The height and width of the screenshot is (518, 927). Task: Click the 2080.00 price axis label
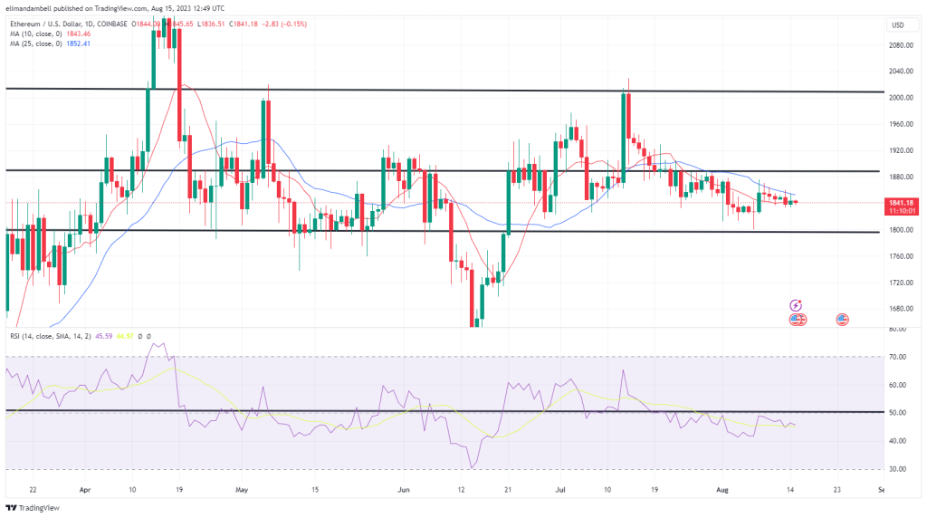coord(902,44)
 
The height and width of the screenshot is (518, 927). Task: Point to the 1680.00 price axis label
coord(902,309)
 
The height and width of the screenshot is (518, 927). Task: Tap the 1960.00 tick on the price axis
coord(902,124)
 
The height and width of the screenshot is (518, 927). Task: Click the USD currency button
coord(898,24)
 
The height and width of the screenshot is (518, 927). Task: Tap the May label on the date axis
coord(242,490)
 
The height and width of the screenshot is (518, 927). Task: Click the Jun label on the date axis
coord(405,490)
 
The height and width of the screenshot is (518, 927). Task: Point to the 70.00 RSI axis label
coord(898,358)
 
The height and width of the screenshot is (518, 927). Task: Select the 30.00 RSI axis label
coord(898,469)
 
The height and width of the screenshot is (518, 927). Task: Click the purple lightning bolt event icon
coord(797,306)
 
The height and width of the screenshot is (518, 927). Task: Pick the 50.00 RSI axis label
coord(898,413)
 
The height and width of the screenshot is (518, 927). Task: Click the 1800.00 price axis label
coord(902,230)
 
